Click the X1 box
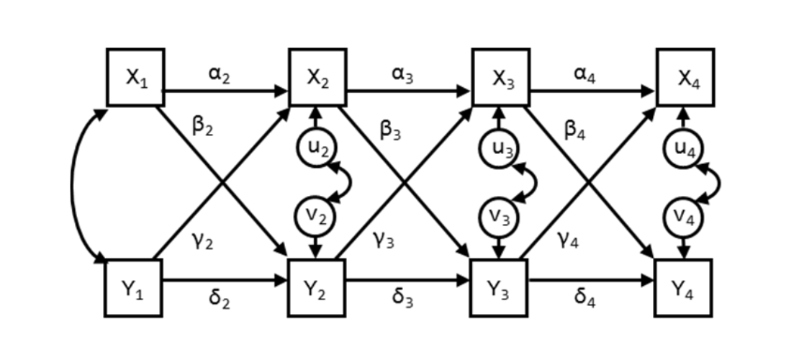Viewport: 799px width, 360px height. click(x=135, y=77)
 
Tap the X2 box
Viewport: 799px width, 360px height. click(x=317, y=77)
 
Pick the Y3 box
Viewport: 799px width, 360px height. click(x=499, y=287)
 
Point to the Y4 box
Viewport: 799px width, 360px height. click(x=682, y=287)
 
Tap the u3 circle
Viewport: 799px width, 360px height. click(x=497, y=148)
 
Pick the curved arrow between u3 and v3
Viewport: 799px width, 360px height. click(x=533, y=181)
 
